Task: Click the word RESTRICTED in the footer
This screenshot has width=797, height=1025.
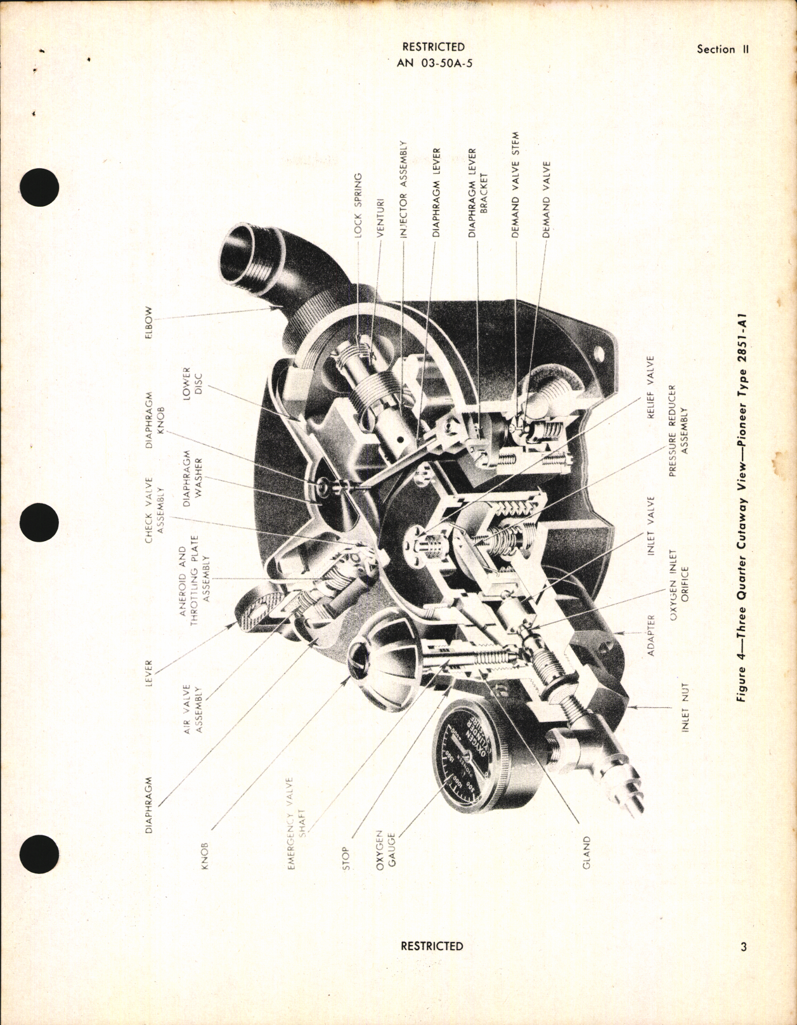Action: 432,963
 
